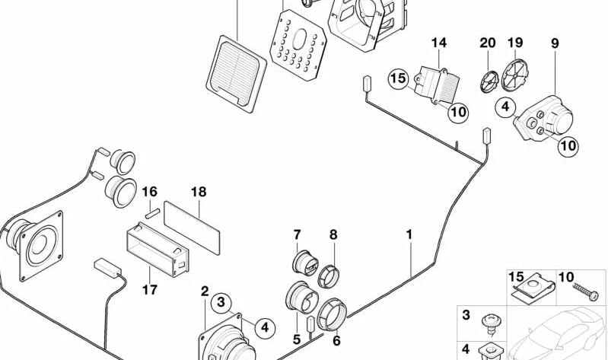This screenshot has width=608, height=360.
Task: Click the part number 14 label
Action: pos(439,43)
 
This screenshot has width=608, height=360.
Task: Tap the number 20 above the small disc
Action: pos(487,43)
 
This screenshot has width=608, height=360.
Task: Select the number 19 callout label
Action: pos(515,43)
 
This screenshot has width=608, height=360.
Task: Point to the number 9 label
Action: pos(555,43)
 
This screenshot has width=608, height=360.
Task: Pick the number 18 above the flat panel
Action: pos(199,193)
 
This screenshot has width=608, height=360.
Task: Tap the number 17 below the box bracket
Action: pos(149,289)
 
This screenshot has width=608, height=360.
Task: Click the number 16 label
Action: pos(149,193)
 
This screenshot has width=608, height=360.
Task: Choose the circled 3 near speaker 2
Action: pos(221,303)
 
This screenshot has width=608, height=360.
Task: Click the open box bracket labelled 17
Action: pos(155,251)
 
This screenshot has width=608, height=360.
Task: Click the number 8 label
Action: pos(333,234)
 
